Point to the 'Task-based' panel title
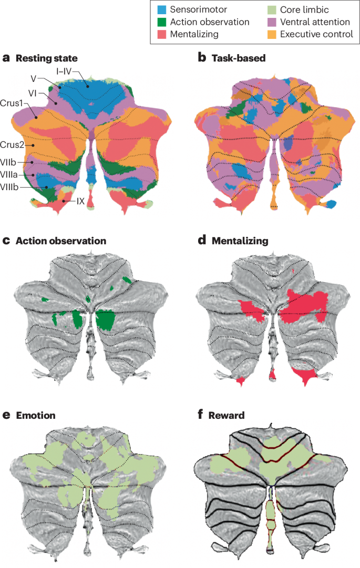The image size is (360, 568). click(x=239, y=58)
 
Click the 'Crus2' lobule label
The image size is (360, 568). click(x=13, y=144)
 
